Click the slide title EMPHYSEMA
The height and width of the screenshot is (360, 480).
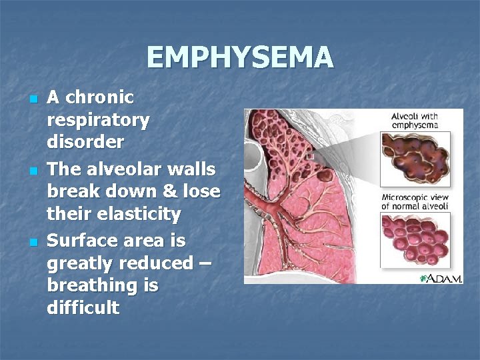240,57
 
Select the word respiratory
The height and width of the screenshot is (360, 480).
98,120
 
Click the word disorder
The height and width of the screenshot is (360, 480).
85,142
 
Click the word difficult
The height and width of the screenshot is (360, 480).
83,308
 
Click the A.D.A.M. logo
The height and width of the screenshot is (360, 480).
441,277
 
